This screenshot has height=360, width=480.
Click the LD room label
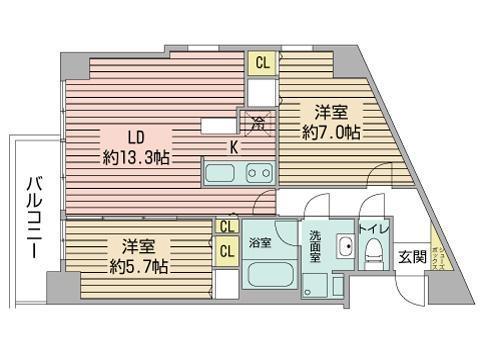click(134, 136)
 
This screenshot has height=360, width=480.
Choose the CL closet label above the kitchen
click(262, 63)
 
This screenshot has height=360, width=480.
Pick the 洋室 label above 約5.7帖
click(138, 246)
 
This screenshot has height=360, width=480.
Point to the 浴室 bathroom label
click(258, 242)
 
